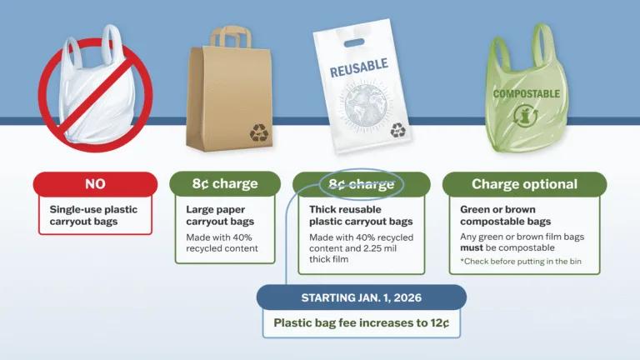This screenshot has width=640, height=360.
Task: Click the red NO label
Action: click(94, 184)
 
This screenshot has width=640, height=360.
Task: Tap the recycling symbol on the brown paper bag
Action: click(259, 132)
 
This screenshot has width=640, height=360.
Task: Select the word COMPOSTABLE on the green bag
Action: click(526, 94)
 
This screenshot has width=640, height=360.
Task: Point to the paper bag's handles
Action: click(231, 37)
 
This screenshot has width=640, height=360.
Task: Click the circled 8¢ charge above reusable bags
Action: click(361, 184)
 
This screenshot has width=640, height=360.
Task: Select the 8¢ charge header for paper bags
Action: click(225, 184)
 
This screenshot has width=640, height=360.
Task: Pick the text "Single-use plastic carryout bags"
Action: click(93, 216)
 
